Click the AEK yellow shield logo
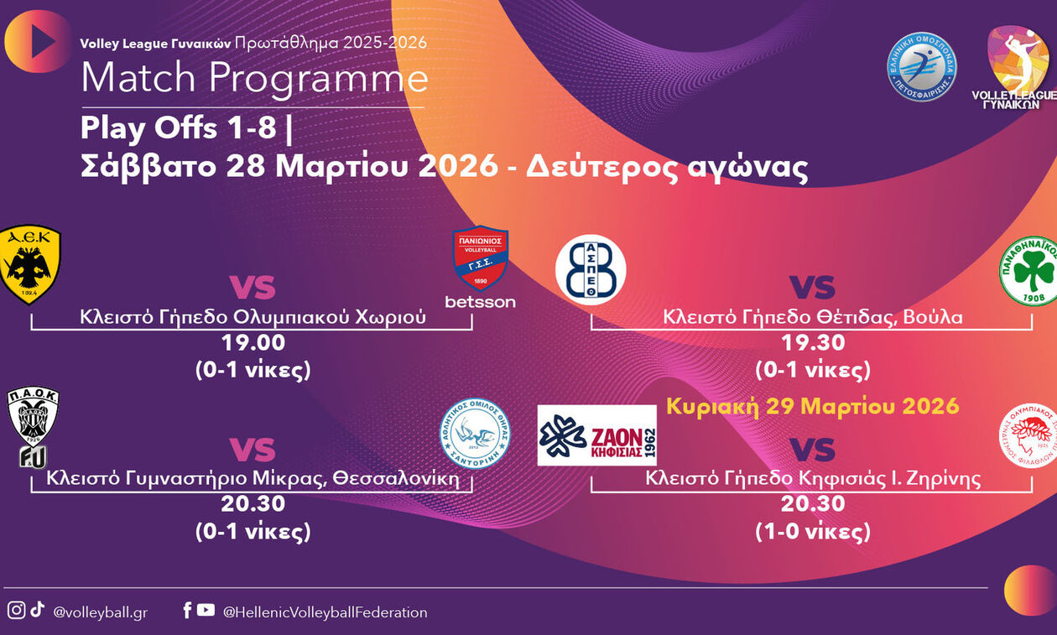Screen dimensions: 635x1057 pos(29,263)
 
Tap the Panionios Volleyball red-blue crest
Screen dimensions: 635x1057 pos(481,258)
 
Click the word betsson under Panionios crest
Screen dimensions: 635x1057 pos(480,302)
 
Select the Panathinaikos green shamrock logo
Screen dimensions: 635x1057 pos(1028,270)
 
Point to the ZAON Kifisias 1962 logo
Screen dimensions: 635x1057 pos(596,435)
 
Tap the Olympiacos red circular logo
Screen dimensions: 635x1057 pos(1028,435)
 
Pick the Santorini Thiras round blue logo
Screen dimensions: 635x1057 pos(476,433)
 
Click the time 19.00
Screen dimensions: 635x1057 pos(253,343)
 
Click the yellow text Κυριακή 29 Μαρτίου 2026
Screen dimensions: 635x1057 pos(812,406)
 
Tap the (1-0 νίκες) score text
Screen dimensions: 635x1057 pos(812,531)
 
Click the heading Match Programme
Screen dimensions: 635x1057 pos(254,78)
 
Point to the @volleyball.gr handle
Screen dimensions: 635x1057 pos(100,612)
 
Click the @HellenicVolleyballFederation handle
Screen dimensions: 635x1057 pos(325,612)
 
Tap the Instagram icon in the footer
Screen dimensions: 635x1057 pos(16,611)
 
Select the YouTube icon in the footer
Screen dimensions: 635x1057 pos(206,611)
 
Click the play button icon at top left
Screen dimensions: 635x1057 pos(39,41)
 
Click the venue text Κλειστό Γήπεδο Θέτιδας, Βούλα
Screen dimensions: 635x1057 pos(812,317)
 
